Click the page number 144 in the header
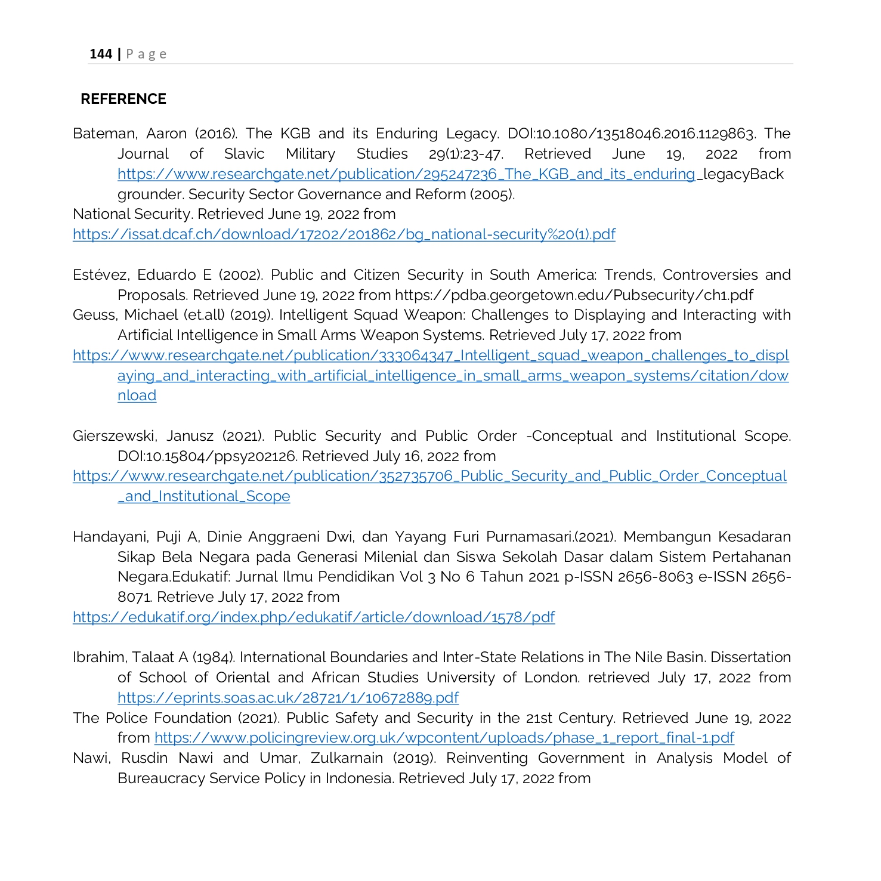pos(101,54)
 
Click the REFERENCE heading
pos(123,99)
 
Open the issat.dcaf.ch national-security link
pos(344,234)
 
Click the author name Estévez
pos(100,275)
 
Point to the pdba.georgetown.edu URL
pos(574,295)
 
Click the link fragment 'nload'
pos(137,395)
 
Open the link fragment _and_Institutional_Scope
pos(204,496)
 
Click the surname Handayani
pos(110,537)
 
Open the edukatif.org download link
pos(314,617)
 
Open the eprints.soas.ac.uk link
pos(288,698)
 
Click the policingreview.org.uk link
pos(444,738)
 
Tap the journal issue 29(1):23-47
pos(466,154)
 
